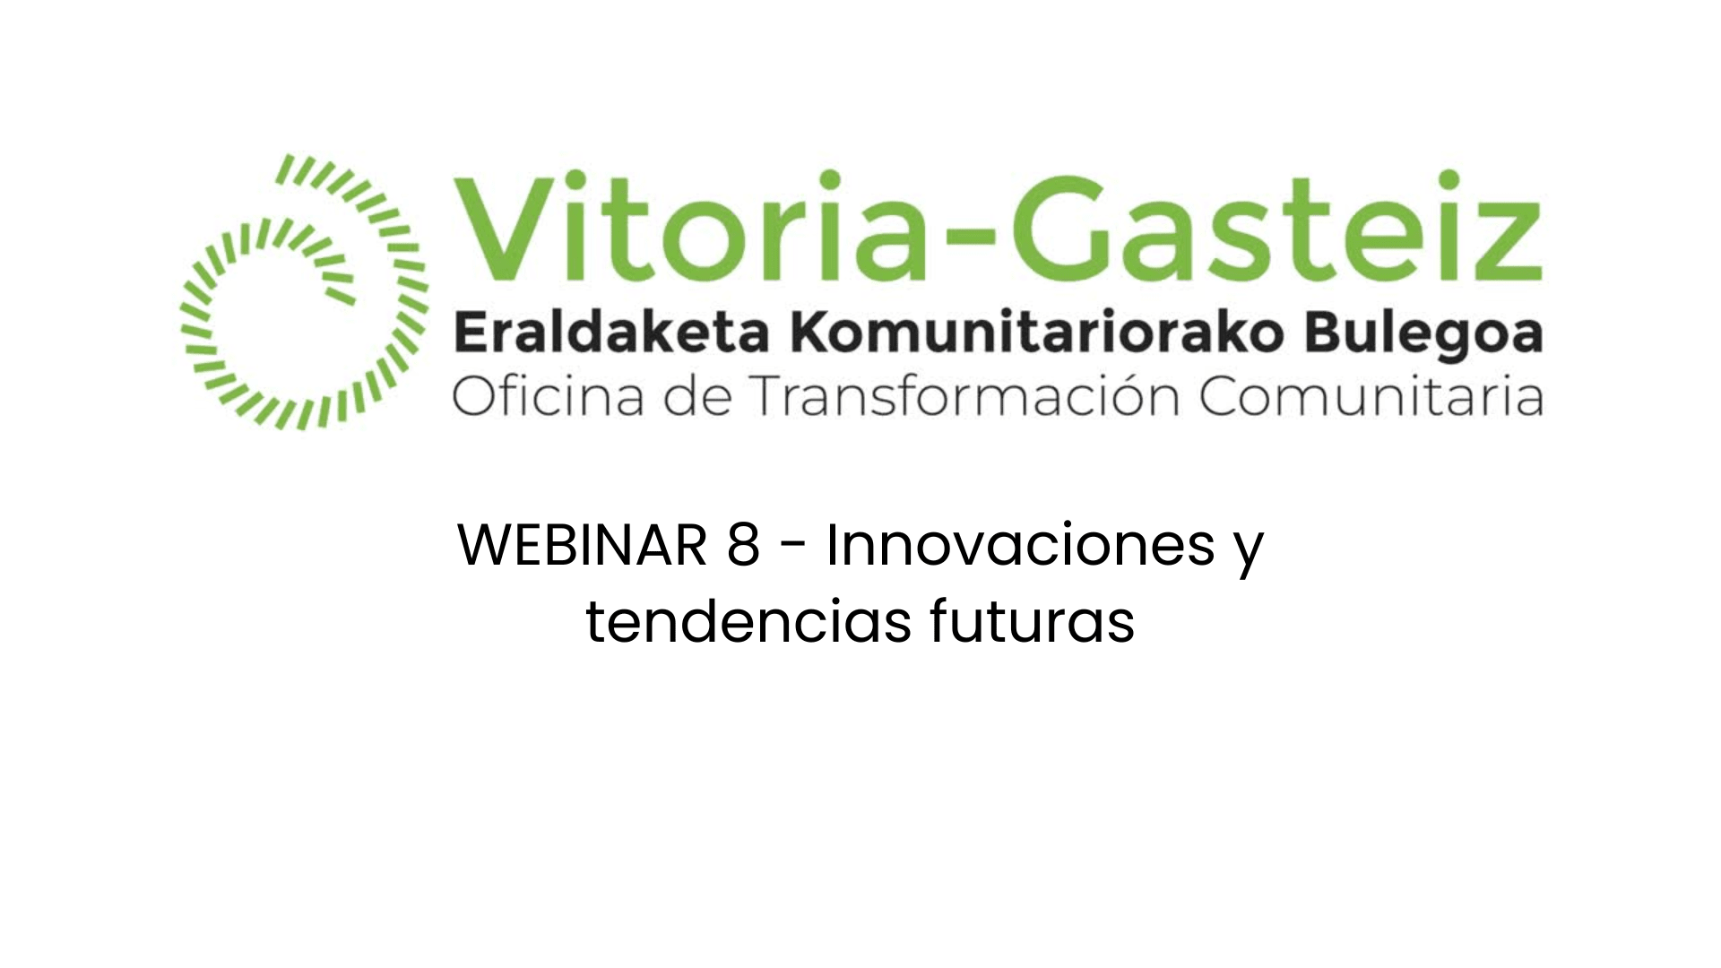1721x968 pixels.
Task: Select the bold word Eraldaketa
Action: click(612, 334)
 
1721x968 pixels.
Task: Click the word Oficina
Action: click(548, 396)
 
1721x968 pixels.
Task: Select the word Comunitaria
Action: click(1371, 396)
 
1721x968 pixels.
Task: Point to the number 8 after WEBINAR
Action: click(743, 545)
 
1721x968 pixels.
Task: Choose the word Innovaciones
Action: click(1020, 545)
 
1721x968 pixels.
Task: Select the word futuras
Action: click(1032, 621)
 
